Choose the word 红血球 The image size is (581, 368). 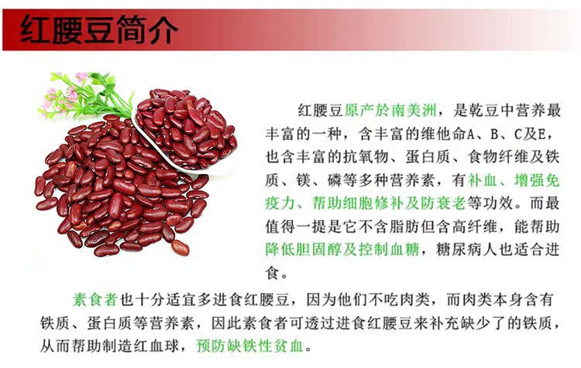pyautogui.click(x=167, y=345)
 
